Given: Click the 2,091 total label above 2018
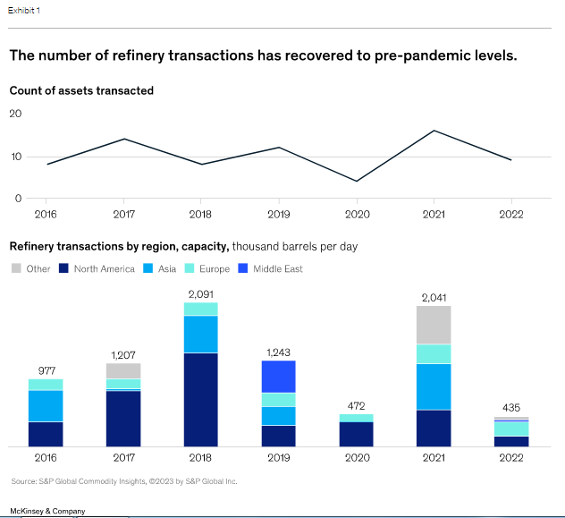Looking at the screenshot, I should pos(201,293).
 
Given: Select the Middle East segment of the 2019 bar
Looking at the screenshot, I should pos(279,377).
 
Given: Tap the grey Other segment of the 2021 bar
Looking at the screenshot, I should pos(434,325).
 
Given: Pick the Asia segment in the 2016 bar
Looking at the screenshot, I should pos(46,405).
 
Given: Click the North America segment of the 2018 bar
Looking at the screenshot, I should pos(201,399).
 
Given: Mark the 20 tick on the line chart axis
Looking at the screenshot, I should pos(15,114).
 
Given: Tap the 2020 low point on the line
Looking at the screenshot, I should pos(357,182).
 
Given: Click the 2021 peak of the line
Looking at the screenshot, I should pos(434,131).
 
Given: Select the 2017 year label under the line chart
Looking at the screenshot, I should pos(123,215).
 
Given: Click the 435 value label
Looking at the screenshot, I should pos(511,408).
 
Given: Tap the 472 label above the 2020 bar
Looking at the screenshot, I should pos(357,405).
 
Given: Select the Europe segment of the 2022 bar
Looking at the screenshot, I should pos(511,428).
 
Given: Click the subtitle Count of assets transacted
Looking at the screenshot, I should pos(81,90).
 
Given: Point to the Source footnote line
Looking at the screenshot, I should pos(124,481).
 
